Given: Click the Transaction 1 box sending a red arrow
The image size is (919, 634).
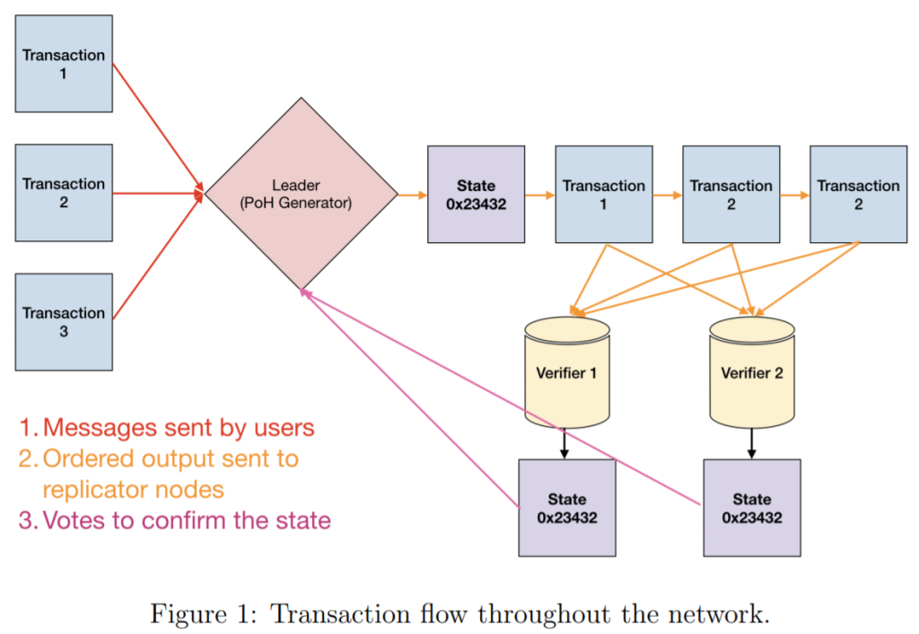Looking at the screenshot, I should click(64, 64).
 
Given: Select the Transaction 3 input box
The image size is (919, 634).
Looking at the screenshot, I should click(64, 322).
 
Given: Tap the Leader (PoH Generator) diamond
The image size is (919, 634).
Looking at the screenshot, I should click(301, 194).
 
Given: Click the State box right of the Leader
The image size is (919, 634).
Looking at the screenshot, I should click(476, 195).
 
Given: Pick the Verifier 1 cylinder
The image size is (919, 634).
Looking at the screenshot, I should click(566, 371).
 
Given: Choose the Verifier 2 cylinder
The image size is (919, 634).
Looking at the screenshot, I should click(752, 371).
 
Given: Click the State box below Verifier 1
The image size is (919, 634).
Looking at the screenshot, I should click(567, 508).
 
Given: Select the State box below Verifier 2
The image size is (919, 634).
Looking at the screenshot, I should click(752, 508).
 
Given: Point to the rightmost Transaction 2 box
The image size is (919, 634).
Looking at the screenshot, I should click(858, 195).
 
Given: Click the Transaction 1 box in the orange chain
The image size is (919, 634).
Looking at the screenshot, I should click(604, 195).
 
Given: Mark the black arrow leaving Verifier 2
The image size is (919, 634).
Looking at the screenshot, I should click(752, 444).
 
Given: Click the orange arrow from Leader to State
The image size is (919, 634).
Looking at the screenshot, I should click(412, 194).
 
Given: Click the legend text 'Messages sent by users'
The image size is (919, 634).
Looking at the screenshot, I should click(179, 427).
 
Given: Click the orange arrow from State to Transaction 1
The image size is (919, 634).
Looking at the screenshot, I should click(539, 194).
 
